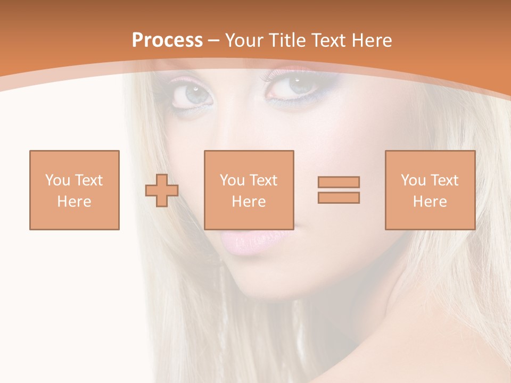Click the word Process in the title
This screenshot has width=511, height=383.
[167, 40]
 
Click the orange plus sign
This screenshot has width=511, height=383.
[162, 190]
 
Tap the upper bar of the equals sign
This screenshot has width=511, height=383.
[339, 182]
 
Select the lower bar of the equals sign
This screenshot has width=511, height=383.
[339, 197]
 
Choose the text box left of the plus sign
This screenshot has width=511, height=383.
[75, 190]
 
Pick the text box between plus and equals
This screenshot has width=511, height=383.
[249, 190]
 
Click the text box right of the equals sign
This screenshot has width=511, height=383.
[430, 190]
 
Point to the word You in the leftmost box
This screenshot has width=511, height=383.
[57, 180]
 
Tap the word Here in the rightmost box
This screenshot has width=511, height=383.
[430, 202]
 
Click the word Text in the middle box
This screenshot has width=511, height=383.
[263, 180]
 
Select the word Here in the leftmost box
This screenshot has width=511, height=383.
[75, 202]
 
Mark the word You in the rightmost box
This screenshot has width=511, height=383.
[413, 180]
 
